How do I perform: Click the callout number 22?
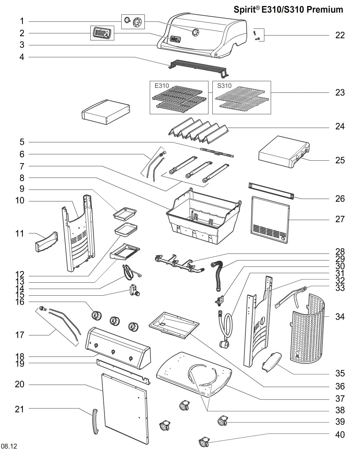tap(340, 35)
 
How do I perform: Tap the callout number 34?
tap(340, 317)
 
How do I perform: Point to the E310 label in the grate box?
tap(162, 85)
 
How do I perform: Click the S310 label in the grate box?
tap(224, 85)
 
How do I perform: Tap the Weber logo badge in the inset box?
tap(102, 33)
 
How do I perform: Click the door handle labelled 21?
tap(95, 422)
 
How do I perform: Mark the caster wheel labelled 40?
tap(204, 441)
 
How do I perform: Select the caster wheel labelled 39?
tap(221, 420)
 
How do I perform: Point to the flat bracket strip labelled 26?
tap(271, 190)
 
